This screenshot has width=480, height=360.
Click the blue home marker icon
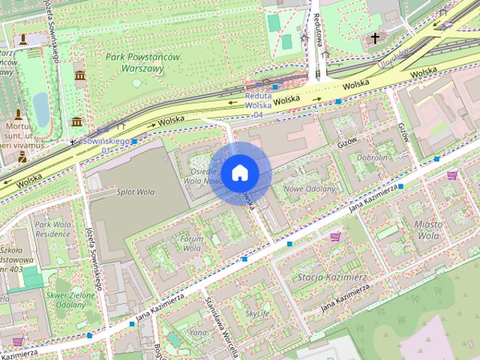[239, 172]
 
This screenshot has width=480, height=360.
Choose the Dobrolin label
[372, 157]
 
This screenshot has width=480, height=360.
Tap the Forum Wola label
[192, 243]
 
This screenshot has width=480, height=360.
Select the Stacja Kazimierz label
[331, 277]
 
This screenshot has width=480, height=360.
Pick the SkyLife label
[257, 313]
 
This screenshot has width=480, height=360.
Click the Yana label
[198, 332]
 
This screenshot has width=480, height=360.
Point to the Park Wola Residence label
[52, 229]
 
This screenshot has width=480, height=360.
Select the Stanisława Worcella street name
[222, 328]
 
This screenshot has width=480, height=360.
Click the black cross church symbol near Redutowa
[375, 37]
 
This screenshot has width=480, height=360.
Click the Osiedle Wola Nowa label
[201, 175]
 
